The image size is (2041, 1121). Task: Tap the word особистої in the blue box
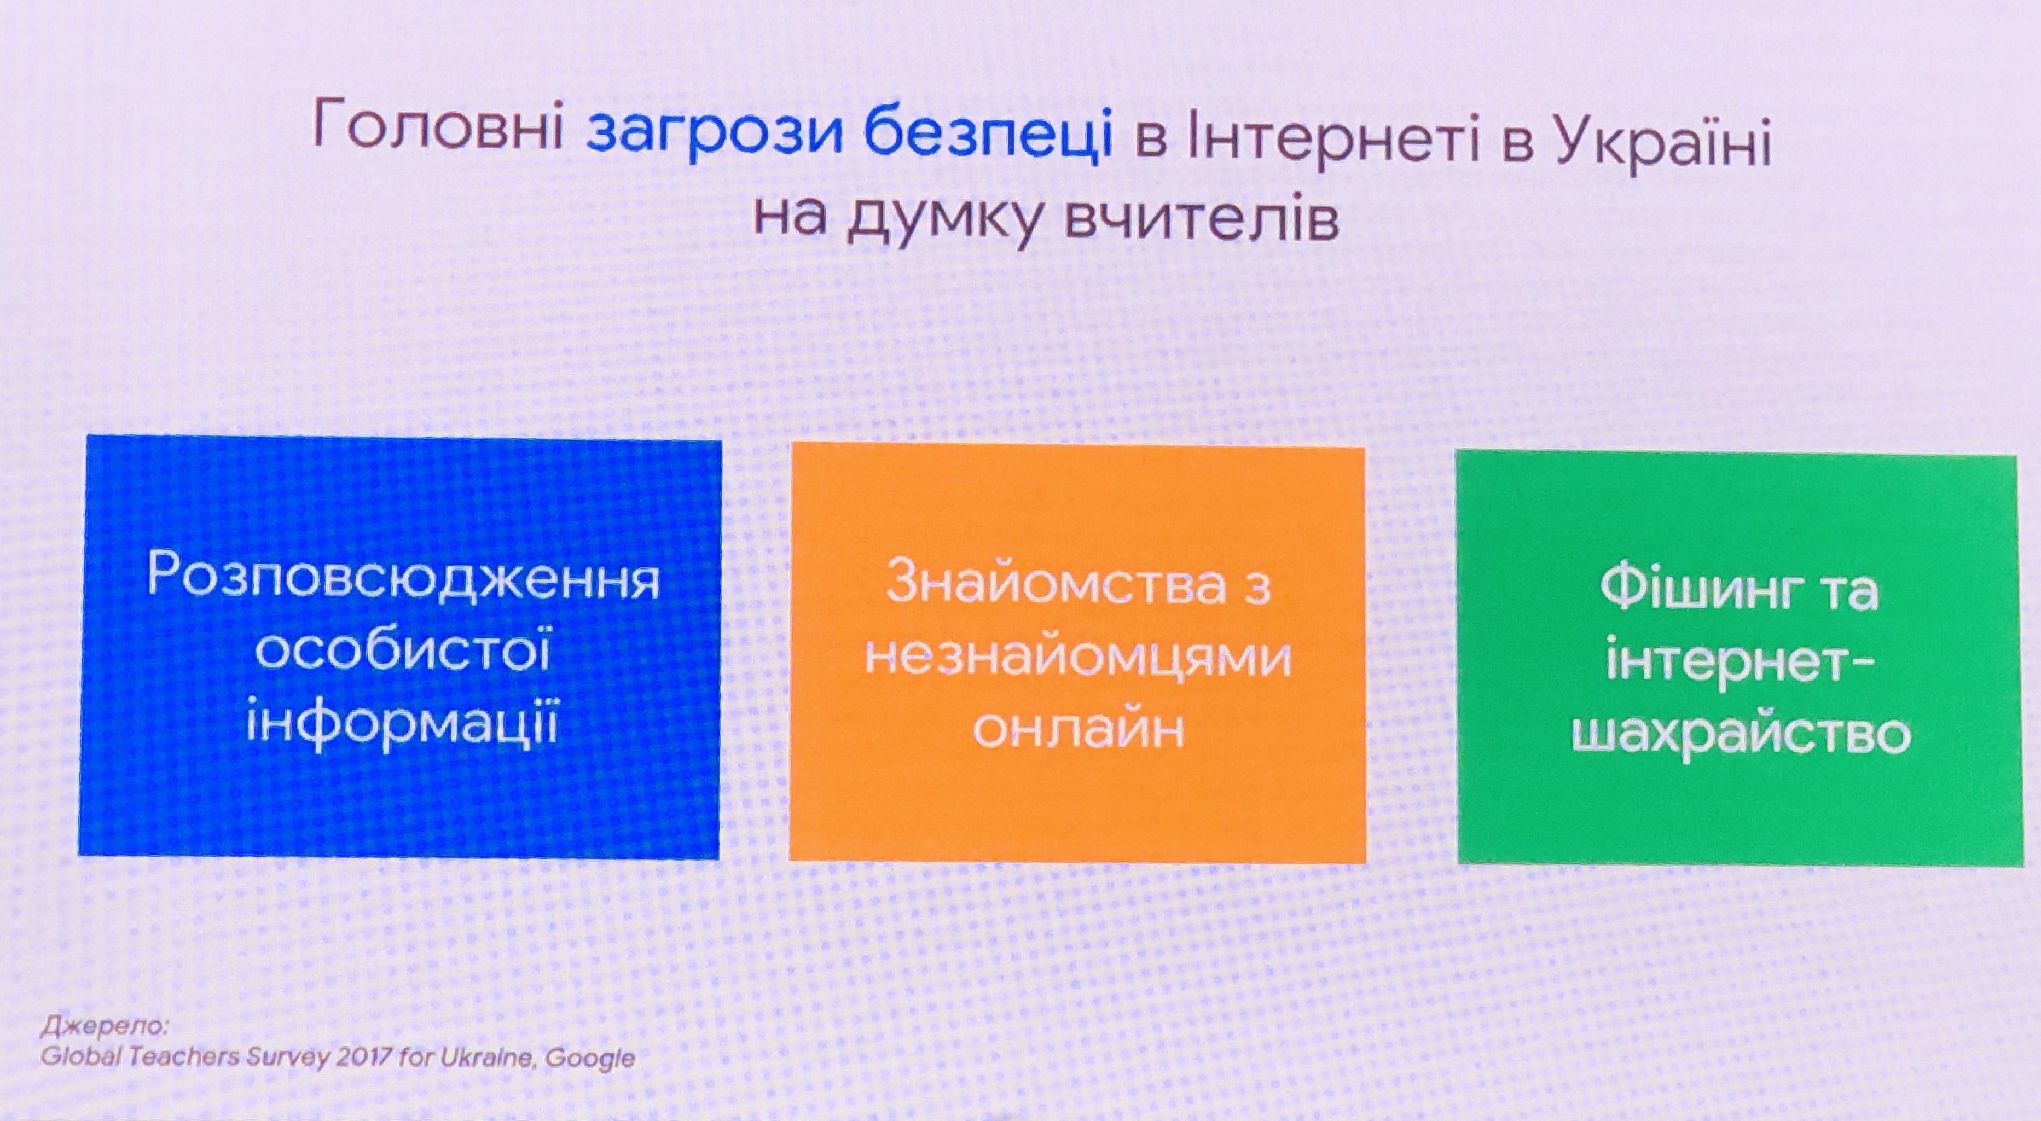click(403, 651)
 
